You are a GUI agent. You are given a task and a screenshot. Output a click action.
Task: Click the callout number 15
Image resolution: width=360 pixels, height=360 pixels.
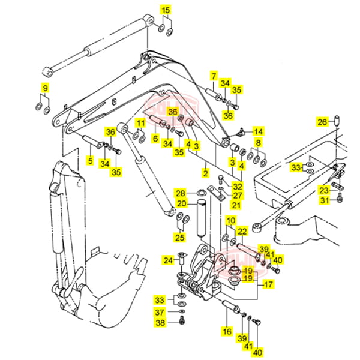point(166,10)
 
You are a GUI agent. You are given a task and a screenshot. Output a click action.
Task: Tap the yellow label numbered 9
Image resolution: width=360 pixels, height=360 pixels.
point(44,89)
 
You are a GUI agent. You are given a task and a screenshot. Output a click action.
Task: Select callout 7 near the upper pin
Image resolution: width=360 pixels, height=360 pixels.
point(213,76)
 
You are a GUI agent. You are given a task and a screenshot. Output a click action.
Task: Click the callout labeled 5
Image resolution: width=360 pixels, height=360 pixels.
point(89,160)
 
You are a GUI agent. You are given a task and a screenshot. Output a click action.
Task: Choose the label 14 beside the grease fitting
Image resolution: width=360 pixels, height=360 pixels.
point(258,131)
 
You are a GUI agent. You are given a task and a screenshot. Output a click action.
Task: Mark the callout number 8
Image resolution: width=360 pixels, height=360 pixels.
point(259,143)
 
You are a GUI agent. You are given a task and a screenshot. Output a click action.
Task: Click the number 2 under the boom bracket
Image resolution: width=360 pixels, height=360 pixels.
point(205,173)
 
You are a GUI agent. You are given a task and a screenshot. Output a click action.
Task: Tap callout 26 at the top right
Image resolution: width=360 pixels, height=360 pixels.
point(322,122)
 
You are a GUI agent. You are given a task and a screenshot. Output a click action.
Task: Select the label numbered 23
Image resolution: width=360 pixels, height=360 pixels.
point(324,190)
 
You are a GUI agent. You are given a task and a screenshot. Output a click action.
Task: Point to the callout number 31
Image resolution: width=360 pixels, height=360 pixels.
point(324,200)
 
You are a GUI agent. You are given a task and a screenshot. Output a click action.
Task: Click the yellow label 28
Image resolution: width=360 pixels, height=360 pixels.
point(181,193)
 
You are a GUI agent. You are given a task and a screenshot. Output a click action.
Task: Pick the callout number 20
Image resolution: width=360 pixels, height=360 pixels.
point(181,204)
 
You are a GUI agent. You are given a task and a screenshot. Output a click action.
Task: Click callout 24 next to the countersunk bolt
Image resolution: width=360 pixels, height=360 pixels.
point(169,260)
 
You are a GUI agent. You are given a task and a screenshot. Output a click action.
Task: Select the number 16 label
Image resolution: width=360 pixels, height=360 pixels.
point(227,331)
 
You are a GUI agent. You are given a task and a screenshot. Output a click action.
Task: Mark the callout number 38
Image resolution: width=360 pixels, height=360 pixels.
point(160,323)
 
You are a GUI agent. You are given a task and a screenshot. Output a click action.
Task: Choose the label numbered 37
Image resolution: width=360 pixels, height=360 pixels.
point(160,312)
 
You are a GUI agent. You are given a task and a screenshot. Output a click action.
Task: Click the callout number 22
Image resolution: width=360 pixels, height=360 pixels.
point(242,232)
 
